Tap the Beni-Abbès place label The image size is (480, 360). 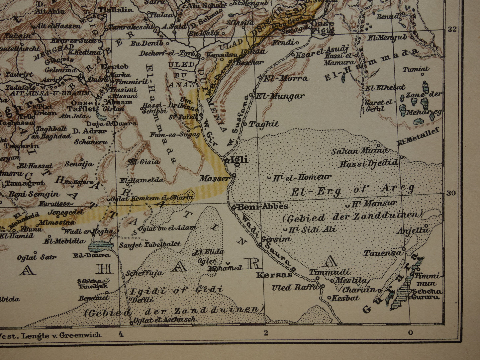[262, 207]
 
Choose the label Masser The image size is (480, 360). [214, 179]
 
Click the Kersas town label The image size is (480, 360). [274, 275]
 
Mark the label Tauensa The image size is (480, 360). [383, 253]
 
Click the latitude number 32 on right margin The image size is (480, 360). [452, 29]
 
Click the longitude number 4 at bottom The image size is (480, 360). [121, 334]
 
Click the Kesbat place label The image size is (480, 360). [345, 298]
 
